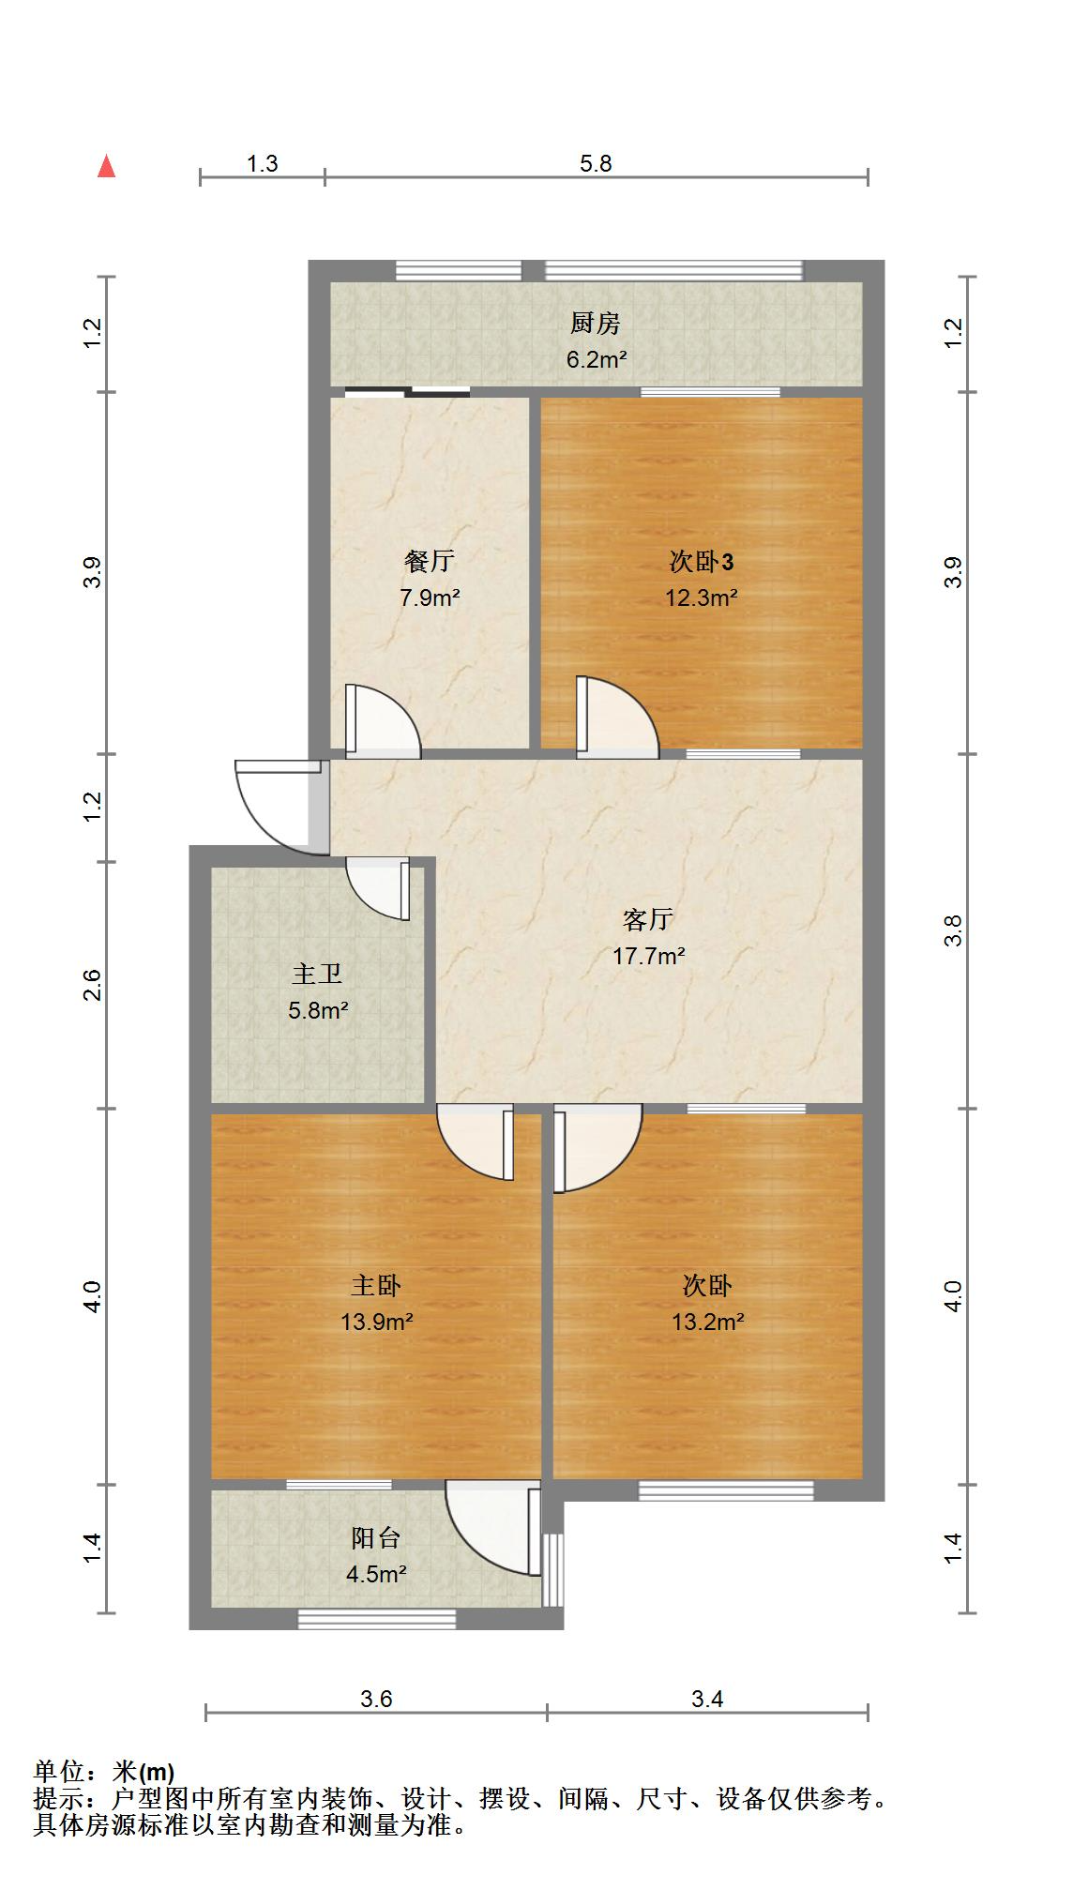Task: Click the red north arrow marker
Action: (x=107, y=167)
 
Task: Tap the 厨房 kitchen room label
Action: (x=596, y=324)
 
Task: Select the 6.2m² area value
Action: (x=596, y=359)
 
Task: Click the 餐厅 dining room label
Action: (x=430, y=561)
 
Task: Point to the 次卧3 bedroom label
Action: (x=702, y=561)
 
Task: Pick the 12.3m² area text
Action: (x=702, y=597)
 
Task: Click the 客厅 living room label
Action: (x=648, y=919)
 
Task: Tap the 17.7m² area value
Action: (x=648, y=956)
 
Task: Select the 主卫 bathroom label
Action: (x=317, y=974)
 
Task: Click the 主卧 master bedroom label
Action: (x=376, y=1285)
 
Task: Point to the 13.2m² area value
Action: (x=707, y=1322)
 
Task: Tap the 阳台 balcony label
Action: (x=376, y=1537)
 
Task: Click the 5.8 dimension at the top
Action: (x=596, y=164)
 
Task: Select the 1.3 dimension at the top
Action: (x=263, y=164)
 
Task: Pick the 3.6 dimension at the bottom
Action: (x=376, y=1699)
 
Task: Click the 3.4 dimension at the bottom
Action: (x=707, y=1699)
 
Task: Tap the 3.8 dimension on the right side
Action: (x=953, y=930)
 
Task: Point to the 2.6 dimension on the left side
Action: (x=92, y=985)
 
